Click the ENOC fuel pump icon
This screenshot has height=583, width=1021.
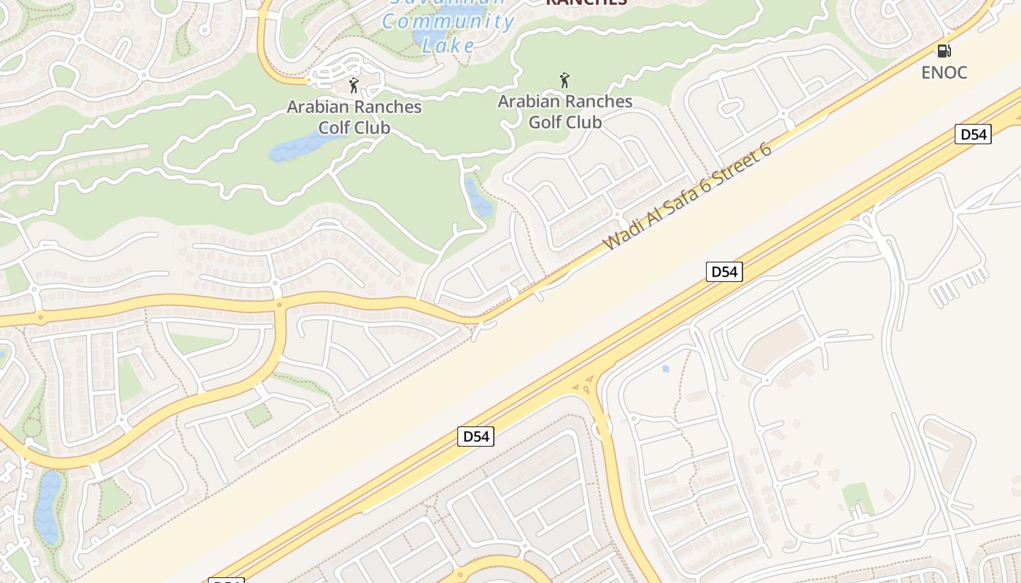tap(944, 51)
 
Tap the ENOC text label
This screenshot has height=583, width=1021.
tap(944, 72)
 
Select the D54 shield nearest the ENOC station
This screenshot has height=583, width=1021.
tap(973, 134)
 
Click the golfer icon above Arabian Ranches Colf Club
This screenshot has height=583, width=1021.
tap(354, 85)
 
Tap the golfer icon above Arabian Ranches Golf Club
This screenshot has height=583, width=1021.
tap(564, 80)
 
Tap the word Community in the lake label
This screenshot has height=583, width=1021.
tap(449, 21)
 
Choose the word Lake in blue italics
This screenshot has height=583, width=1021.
tap(448, 45)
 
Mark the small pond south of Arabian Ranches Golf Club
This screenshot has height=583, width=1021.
tap(478, 197)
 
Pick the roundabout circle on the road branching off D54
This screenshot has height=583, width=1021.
tap(602, 429)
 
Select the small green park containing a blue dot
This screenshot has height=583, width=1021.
tap(858, 498)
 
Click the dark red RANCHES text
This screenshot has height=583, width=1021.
tap(586, 2)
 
